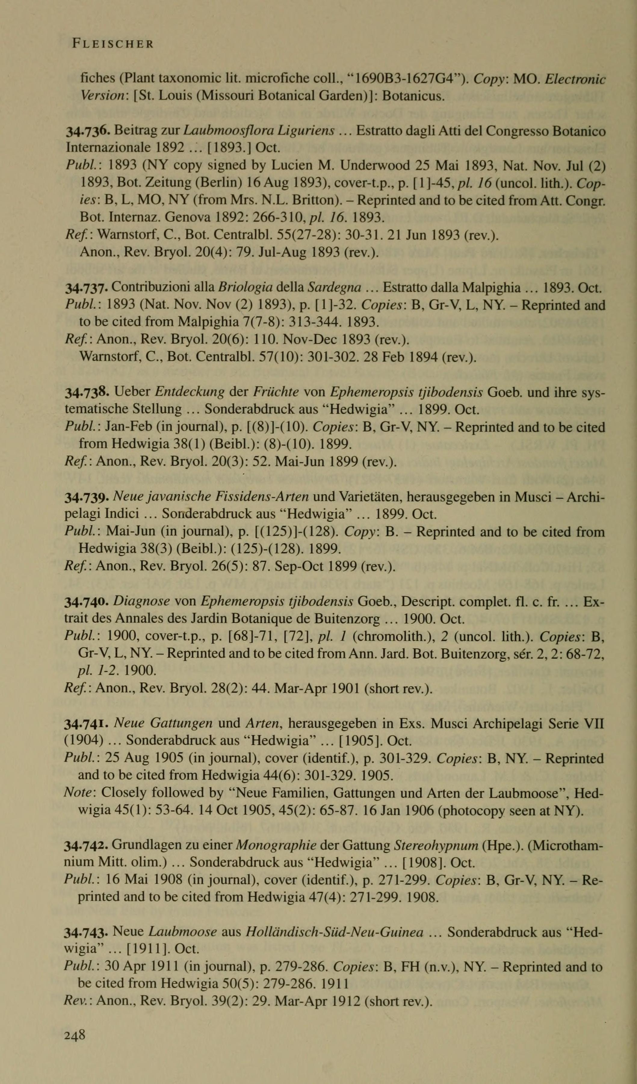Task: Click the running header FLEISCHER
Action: click(x=113, y=44)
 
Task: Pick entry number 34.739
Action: click(x=88, y=497)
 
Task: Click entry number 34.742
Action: click(x=88, y=846)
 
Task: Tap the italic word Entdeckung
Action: click(x=189, y=392)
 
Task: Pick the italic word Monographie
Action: click(x=276, y=846)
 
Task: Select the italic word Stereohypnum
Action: click(x=436, y=846)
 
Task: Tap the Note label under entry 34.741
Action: click(x=76, y=793)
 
